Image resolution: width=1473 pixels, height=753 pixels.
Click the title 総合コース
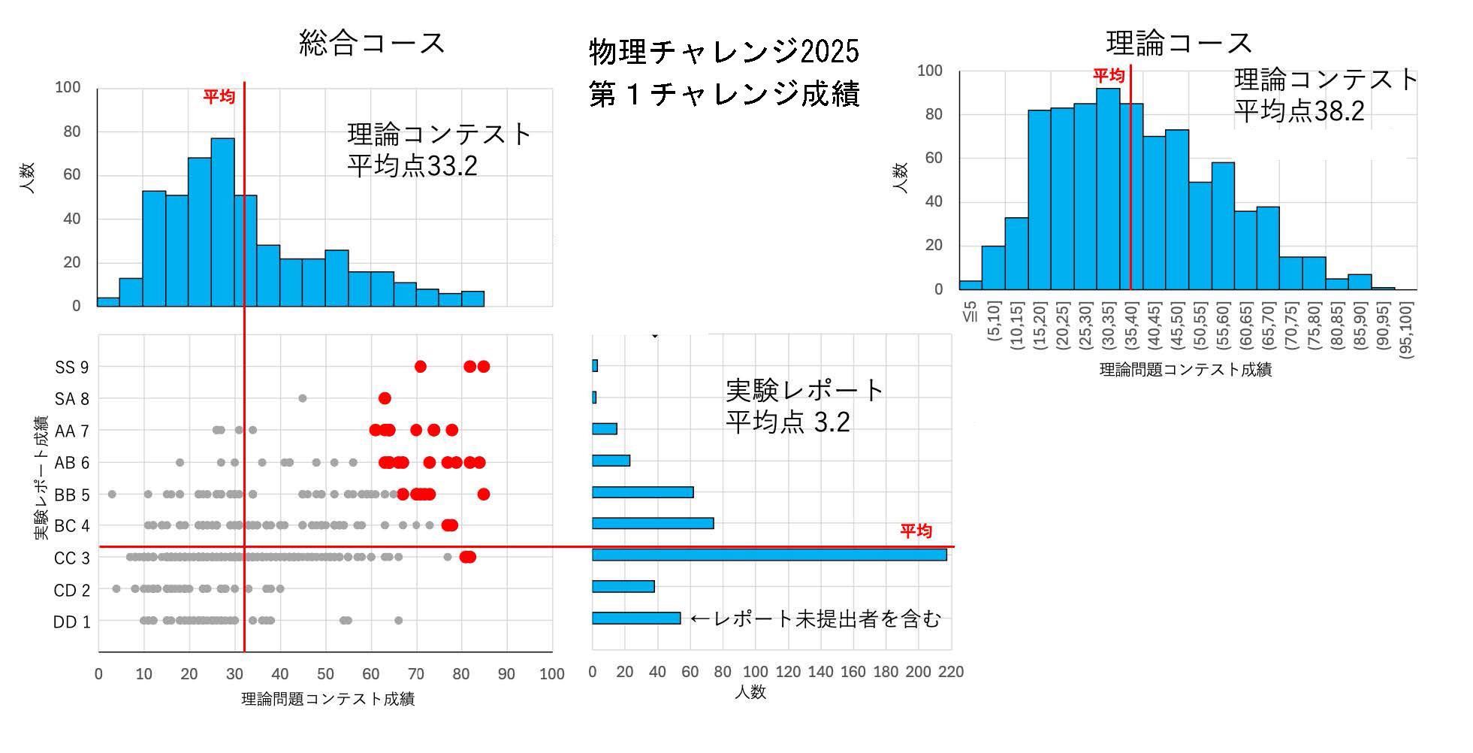(372, 43)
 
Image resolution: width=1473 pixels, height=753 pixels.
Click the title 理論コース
(1179, 43)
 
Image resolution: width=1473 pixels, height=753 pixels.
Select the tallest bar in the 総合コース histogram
(222, 222)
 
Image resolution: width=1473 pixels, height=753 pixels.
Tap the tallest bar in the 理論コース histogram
(1108, 189)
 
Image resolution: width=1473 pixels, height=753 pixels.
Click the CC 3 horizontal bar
(768, 555)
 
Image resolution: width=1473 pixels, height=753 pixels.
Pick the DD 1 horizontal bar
(635, 618)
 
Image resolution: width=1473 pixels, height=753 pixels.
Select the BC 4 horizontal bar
(652, 524)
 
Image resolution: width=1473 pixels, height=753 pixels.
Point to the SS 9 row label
(72, 367)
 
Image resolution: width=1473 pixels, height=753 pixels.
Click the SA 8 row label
(72, 399)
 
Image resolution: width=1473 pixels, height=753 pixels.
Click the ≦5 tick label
(970, 311)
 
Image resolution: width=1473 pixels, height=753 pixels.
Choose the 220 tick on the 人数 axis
(951, 672)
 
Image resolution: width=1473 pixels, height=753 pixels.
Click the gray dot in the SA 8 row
(302, 398)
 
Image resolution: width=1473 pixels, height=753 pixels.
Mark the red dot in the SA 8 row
(385, 398)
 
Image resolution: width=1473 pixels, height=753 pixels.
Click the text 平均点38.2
(1299, 111)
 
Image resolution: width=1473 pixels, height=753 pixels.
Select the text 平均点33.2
(412, 166)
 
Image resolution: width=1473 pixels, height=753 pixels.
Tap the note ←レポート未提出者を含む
(814, 618)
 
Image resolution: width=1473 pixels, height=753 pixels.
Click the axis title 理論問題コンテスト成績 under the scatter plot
(328, 700)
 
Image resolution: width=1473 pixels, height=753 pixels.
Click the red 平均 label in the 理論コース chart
(1108, 76)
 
